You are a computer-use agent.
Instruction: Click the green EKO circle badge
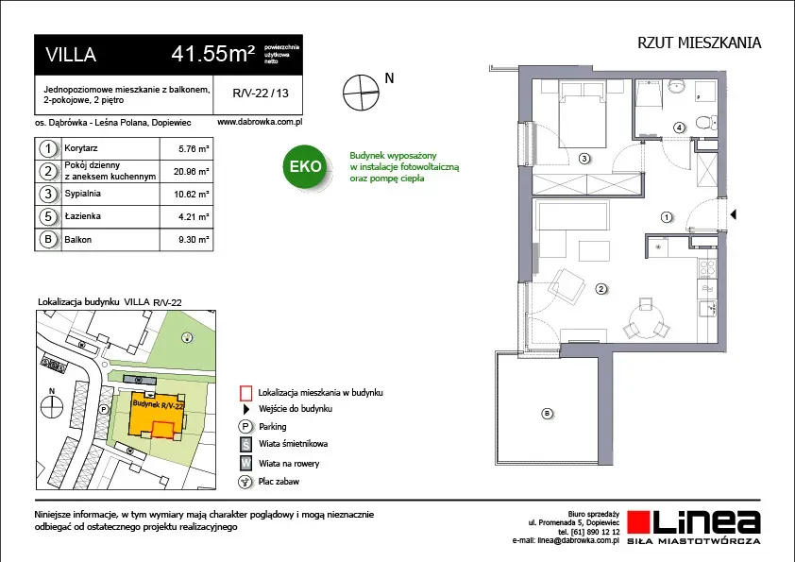pos(305,166)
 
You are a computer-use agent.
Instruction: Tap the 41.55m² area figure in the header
pos(212,53)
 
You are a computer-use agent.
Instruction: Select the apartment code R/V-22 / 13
pos(260,94)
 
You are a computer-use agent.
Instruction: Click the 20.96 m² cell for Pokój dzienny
pos(191,172)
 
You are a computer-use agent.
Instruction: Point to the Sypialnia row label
pos(83,194)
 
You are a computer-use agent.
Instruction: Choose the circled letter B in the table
pos(48,239)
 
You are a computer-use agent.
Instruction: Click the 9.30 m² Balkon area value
pos(194,239)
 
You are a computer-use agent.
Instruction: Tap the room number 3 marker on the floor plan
pos(584,159)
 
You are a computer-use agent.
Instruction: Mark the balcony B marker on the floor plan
pos(547,414)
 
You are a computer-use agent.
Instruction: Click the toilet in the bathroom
pos(705,122)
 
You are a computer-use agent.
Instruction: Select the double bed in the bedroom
pos(583,114)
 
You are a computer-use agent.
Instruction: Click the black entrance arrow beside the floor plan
pos(733,214)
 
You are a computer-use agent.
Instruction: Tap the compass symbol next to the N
pos(361,93)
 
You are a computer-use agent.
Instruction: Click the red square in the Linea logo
pos(638,522)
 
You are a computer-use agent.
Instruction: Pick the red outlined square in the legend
pos(245,394)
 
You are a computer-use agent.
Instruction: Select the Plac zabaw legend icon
pos(245,482)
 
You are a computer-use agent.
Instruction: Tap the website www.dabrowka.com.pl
pos(260,122)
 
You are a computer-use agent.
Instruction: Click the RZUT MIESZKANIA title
pos(700,43)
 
